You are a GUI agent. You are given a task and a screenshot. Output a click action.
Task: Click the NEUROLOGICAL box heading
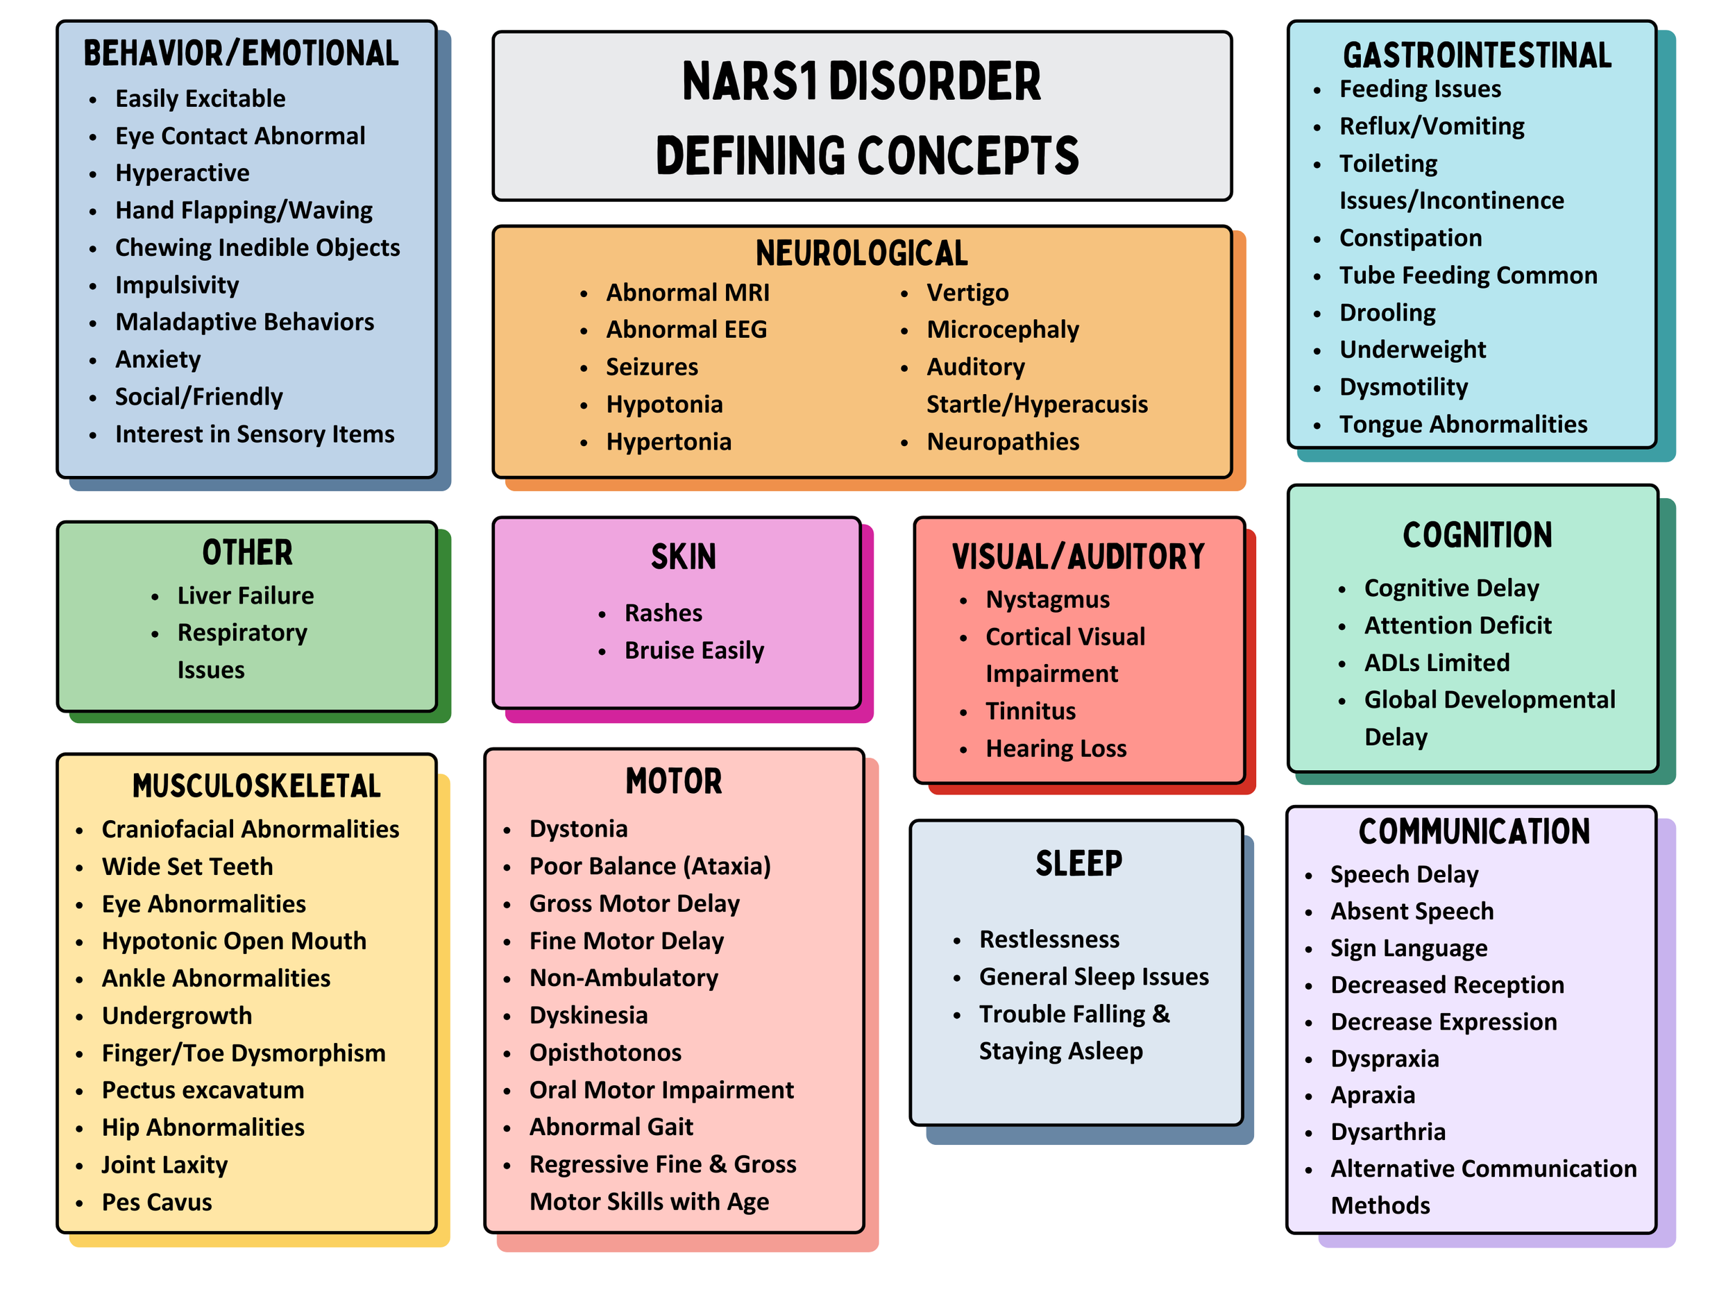[x=861, y=253]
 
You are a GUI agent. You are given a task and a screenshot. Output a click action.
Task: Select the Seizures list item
[x=652, y=367]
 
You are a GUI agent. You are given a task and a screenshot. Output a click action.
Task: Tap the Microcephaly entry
[x=1002, y=330]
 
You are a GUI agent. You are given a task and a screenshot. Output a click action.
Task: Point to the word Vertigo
[x=967, y=294]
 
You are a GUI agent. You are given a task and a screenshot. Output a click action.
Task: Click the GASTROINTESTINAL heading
[x=1477, y=56]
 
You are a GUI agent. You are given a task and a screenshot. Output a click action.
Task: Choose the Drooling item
[x=1387, y=313]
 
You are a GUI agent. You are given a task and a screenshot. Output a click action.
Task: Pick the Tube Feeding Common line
[x=1468, y=275]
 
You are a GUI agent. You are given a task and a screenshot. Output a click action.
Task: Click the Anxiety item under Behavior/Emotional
[x=158, y=360]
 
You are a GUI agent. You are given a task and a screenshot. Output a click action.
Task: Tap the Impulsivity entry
[x=176, y=285]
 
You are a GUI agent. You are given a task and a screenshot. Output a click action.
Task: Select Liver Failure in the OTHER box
[x=246, y=596]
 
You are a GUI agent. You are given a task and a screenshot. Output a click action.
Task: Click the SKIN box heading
[x=683, y=556]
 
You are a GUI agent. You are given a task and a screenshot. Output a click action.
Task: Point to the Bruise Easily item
[x=694, y=651]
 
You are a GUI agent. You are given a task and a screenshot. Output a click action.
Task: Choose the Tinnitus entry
[x=1030, y=711]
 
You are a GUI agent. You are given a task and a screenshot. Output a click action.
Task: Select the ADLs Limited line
[x=1436, y=663]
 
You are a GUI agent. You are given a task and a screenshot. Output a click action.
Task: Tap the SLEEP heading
[x=1078, y=864]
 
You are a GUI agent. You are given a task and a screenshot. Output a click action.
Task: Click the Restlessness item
[x=1049, y=939]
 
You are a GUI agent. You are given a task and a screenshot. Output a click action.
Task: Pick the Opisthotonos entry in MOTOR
[x=604, y=1053]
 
